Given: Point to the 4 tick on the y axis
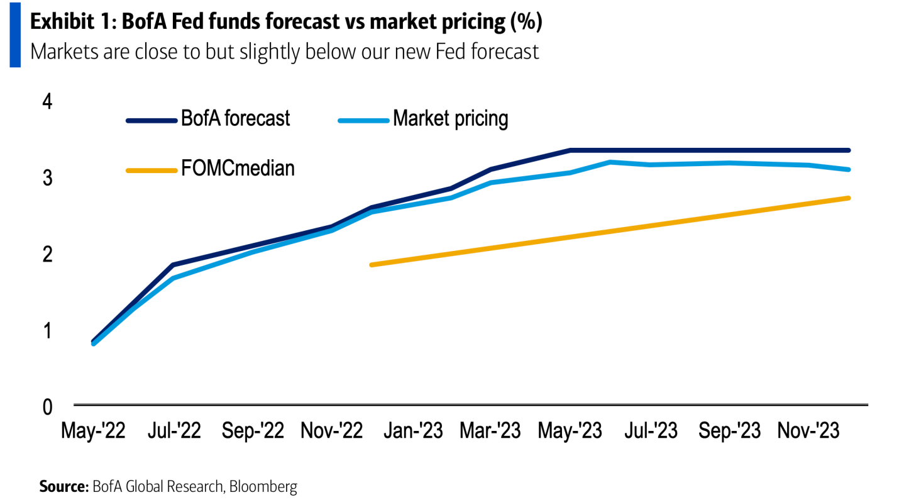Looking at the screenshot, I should click(48, 101).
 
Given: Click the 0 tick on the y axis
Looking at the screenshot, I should click(48, 407).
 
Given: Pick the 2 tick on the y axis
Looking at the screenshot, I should click(48, 254).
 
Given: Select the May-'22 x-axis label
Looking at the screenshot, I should click(93, 432).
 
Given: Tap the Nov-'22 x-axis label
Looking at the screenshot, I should click(332, 432).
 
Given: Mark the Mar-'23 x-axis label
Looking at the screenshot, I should click(490, 432).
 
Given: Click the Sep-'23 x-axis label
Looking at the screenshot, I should click(729, 432).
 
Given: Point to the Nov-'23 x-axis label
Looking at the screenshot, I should click(809, 432).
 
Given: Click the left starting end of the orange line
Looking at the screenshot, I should click(372, 265).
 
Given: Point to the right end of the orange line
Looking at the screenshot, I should click(849, 198).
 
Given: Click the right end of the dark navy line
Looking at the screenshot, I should click(849, 150).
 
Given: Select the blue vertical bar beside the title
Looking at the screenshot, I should click(14, 35).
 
